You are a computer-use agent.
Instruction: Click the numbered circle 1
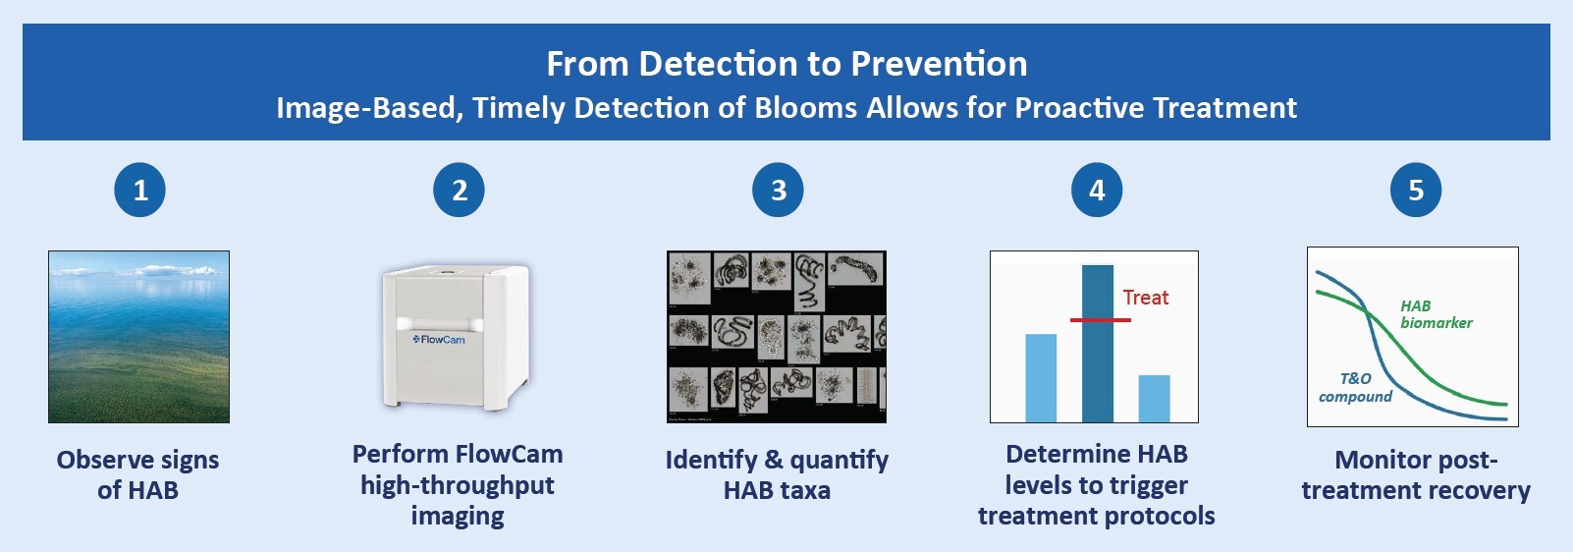click(139, 191)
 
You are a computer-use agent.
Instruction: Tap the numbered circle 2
click(459, 191)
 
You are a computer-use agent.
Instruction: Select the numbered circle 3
click(778, 191)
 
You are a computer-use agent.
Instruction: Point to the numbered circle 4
click(1097, 191)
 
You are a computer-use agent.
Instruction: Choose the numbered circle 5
click(1416, 191)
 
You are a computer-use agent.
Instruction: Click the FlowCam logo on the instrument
click(439, 340)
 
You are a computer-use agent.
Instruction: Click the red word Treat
click(1145, 298)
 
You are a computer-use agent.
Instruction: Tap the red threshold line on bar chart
click(1100, 320)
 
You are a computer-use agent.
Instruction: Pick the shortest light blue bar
click(1154, 399)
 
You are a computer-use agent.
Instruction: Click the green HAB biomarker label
click(1435, 314)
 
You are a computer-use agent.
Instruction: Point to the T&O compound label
click(1355, 387)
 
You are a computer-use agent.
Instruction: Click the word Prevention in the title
click(939, 64)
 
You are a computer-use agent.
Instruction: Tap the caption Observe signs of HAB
click(137, 474)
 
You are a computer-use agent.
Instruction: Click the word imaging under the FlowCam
click(458, 517)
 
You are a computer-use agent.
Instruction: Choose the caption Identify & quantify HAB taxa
click(777, 474)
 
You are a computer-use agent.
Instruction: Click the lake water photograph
click(138, 337)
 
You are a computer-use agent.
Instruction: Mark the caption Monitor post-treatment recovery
click(1415, 474)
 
